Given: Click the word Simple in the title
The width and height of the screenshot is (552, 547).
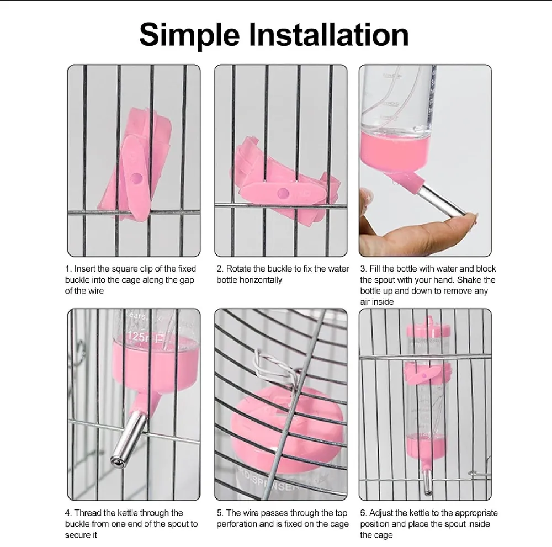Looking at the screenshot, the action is (x=189, y=35).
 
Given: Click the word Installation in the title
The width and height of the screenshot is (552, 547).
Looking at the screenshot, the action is (x=329, y=34).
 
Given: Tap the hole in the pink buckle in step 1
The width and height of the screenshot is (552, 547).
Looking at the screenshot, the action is (x=136, y=178).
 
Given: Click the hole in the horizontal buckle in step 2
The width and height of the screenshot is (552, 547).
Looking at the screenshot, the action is (x=283, y=193).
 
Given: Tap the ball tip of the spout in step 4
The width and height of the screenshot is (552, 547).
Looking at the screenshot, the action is (x=118, y=461).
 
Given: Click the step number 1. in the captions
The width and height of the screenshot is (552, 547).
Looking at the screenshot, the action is (x=68, y=269).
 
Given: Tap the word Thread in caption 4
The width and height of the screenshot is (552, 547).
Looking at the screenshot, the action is (x=88, y=513).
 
